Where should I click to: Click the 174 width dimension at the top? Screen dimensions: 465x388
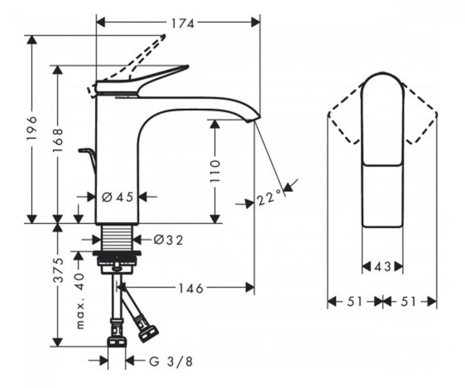click(x=182, y=23)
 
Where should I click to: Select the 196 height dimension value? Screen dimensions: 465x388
click(x=32, y=128)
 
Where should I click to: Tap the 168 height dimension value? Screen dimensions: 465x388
click(x=58, y=140)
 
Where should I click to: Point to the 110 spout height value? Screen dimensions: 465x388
click(x=215, y=171)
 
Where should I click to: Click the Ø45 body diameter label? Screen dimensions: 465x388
click(x=117, y=196)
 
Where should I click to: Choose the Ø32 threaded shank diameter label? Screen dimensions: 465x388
click(x=168, y=240)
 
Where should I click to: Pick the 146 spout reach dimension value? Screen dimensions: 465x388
click(x=191, y=288)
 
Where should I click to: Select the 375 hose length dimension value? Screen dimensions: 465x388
click(x=58, y=270)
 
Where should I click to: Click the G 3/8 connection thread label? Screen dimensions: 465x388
click(x=170, y=361)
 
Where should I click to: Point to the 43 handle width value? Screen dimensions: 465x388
click(x=383, y=267)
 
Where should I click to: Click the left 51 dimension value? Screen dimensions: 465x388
click(x=355, y=302)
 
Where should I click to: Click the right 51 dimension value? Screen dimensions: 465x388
click(x=408, y=302)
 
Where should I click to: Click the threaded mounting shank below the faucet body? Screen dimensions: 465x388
click(x=117, y=237)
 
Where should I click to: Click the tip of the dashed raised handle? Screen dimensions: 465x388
click(x=164, y=36)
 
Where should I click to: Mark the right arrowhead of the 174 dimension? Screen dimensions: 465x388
click(x=255, y=22)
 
